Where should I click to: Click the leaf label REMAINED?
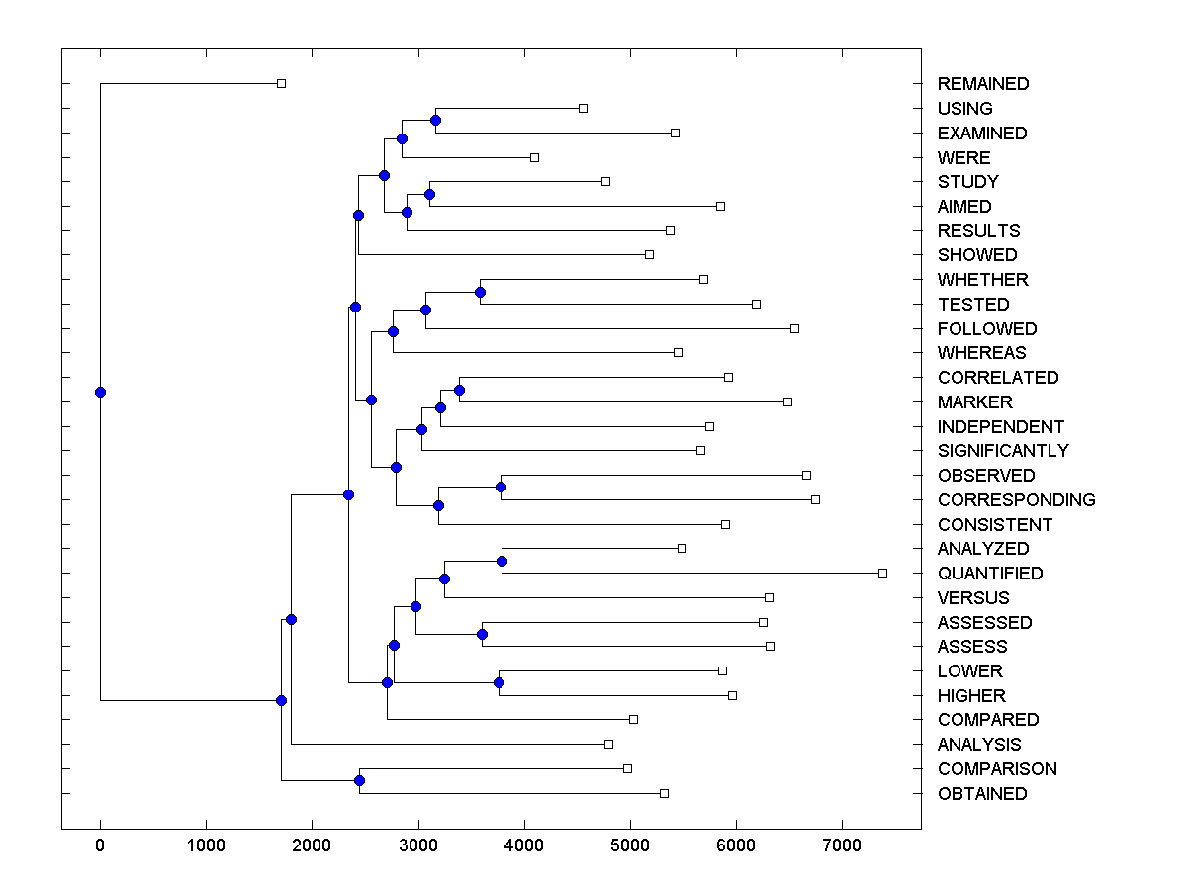click(x=982, y=84)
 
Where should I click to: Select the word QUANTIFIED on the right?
click(x=989, y=574)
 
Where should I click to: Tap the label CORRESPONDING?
click(x=1016, y=500)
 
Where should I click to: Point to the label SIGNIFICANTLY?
click(x=1003, y=451)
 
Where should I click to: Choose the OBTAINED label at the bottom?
click(x=981, y=794)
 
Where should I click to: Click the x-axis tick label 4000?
click(x=524, y=846)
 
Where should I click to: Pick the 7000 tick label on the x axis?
click(x=842, y=846)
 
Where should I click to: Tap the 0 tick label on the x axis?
click(x=100, y=846)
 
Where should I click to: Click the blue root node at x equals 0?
click(x=100, y=392)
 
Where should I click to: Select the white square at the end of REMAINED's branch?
click(x=281, y=83)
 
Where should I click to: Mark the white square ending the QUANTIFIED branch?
click(x=882, y=573)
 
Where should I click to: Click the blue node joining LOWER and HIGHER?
click(x=499, y=683)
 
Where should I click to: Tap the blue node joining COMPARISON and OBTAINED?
click(x=359, y=781)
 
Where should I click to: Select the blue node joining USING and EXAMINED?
click(x=435, y=121)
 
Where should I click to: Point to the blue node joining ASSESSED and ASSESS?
click(x=483, y=634)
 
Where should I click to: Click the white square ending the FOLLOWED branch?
click(x=794, y=328)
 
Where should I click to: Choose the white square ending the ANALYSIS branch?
click(x=608, y=744)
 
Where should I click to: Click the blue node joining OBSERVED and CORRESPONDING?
click(x=501, y=488)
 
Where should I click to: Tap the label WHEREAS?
click(x=981, y=353)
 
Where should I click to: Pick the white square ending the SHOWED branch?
click(x=649, y=254)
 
